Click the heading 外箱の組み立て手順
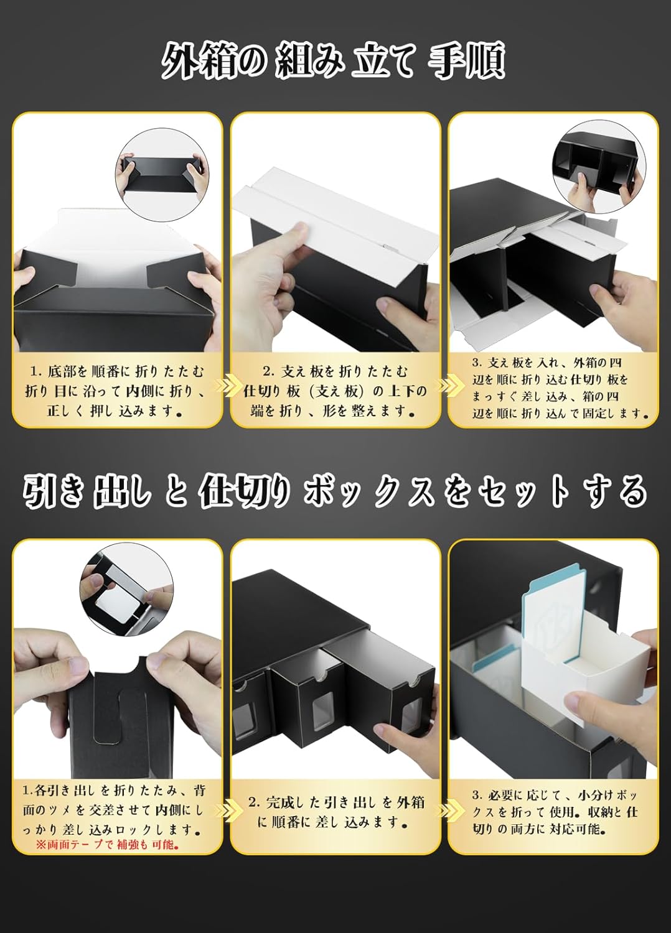334,61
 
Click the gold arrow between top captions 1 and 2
226,386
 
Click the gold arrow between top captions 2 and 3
444,386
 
